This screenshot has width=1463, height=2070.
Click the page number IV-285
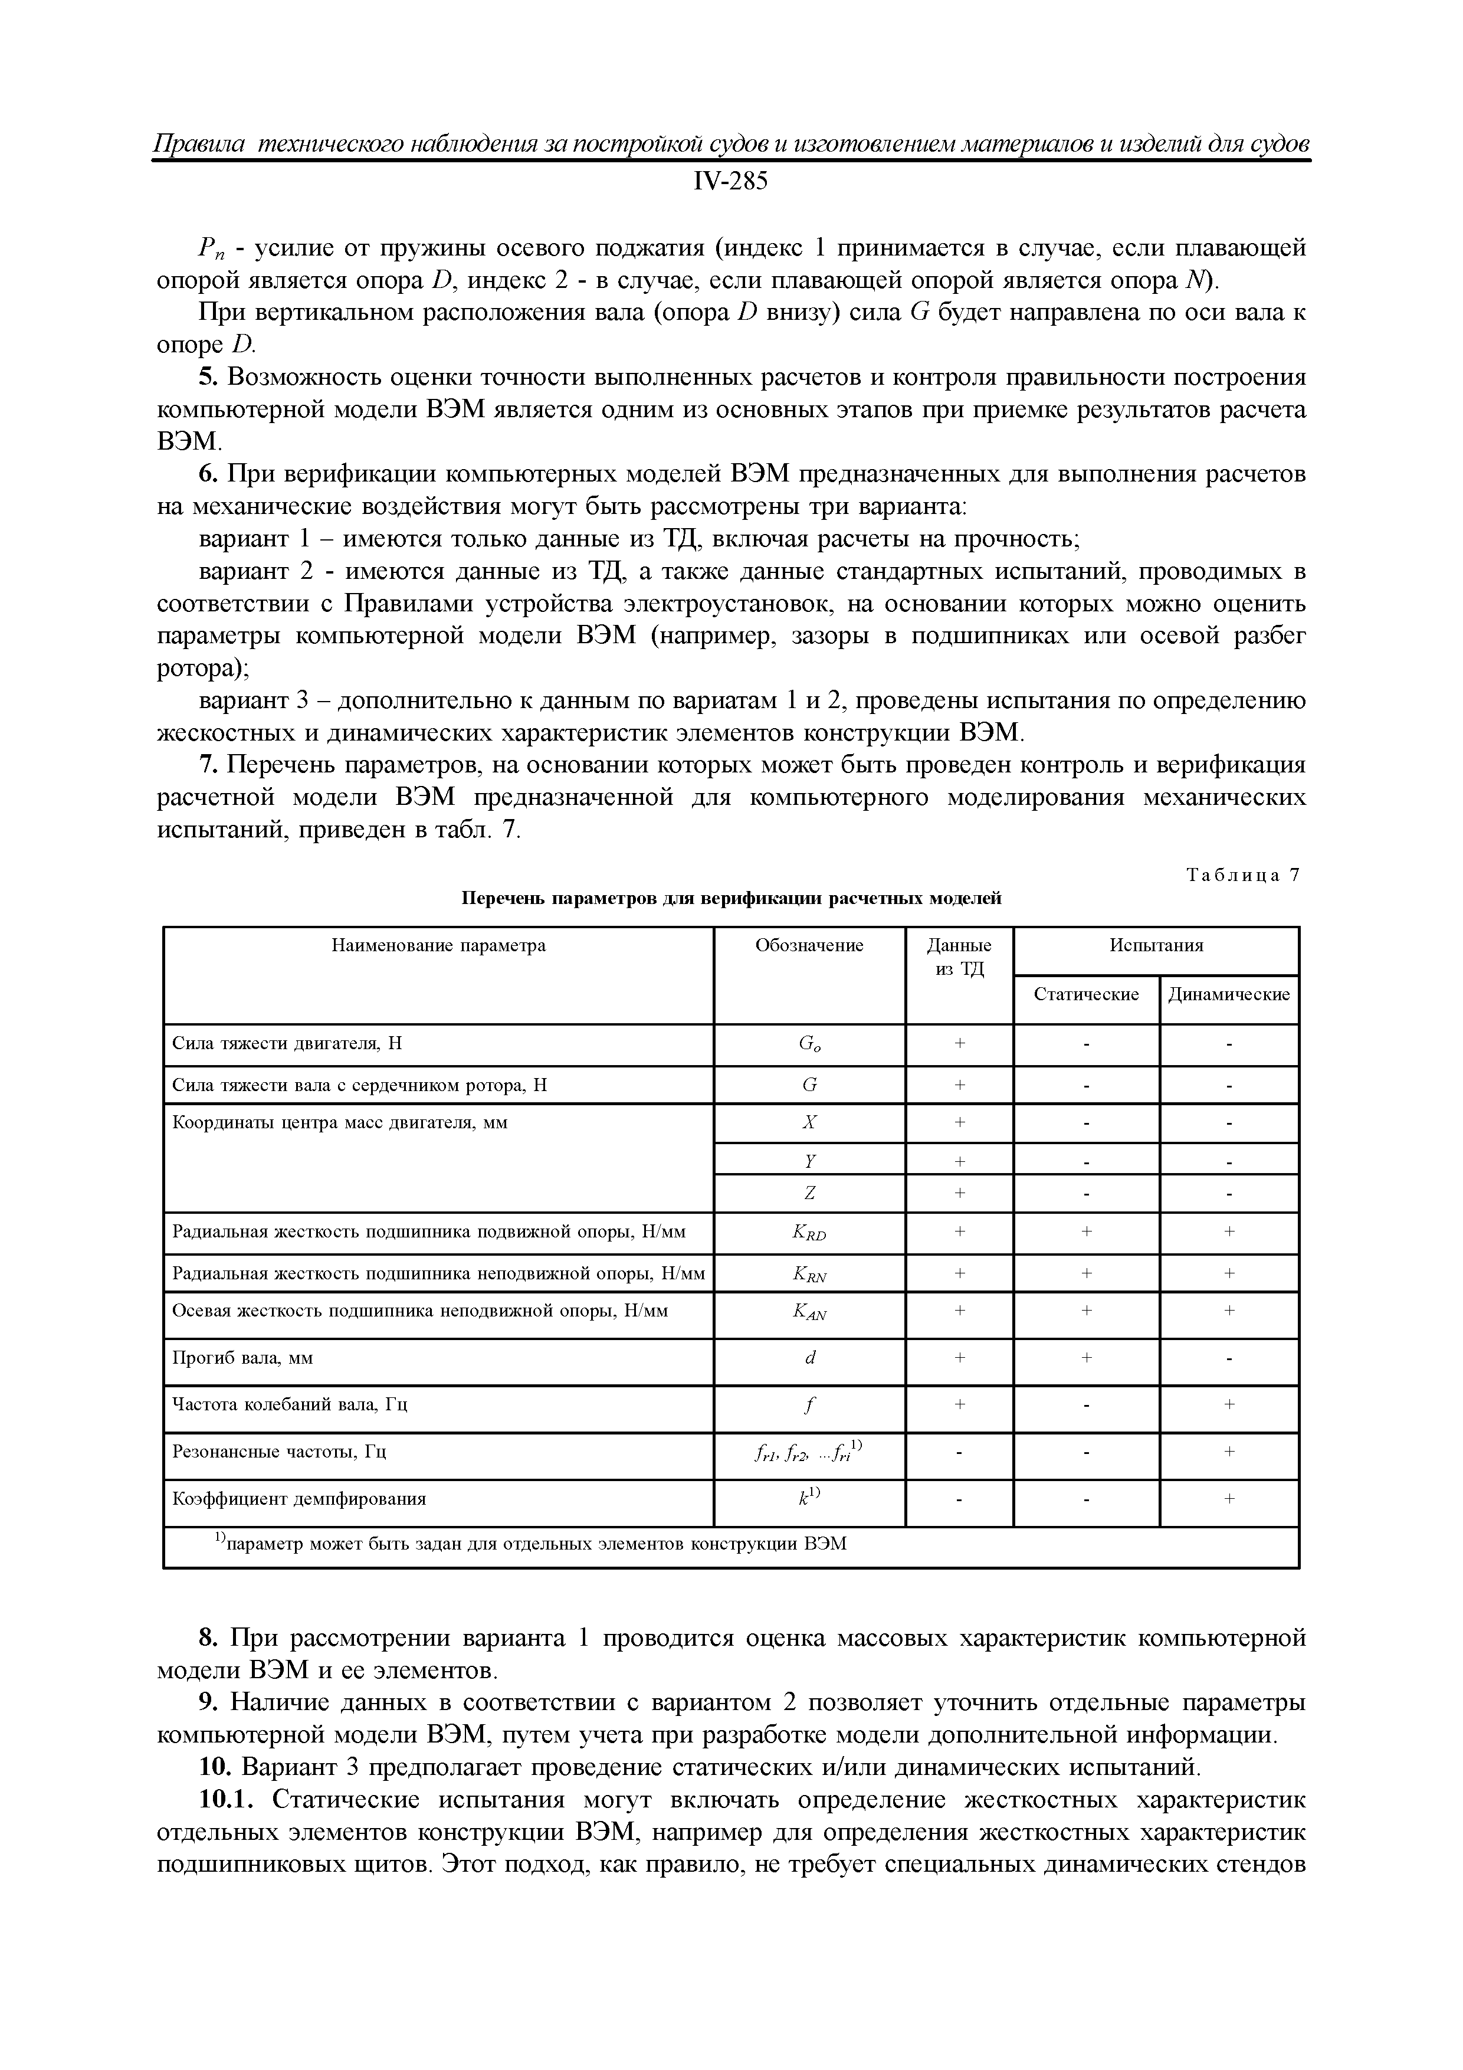pyautogui.click(x=730, y=182)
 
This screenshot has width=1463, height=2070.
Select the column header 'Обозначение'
pyautogui.click(x=809, y=946)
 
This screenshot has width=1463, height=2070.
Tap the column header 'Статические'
pyautogui.click(x=1085, y=994)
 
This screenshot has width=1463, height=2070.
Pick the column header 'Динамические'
pyautogui.click(x=1229, y=994)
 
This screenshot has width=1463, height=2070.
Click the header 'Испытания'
pyautogui.click(x=1156, y=946)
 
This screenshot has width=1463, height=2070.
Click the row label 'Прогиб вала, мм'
pyautogui.click(x=242, y=1358)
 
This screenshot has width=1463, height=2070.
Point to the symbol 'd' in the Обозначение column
pyautogui.click(x=809, y=1358)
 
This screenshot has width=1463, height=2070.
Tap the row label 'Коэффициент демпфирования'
pyautogui.click(x=298, y=1498)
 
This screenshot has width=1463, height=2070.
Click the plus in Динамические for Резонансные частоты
pyautogui.click(x=1229, y=1452)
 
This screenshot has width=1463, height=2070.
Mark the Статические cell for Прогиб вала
pyautogui.click(x=1086, y=1358)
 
